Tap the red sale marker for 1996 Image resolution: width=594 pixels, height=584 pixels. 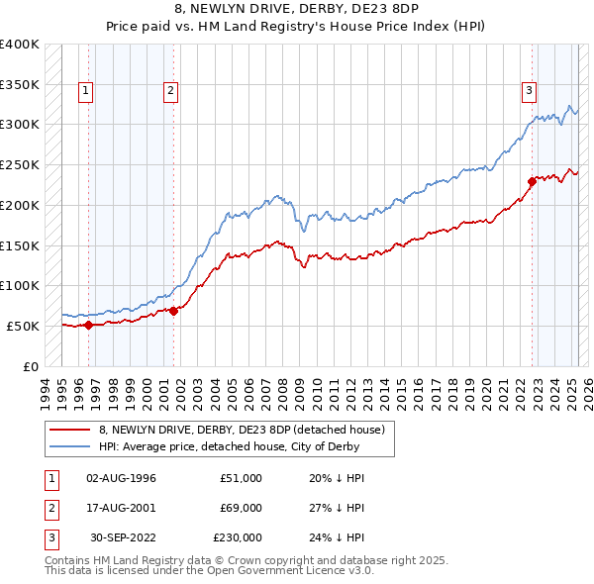pos(88,324)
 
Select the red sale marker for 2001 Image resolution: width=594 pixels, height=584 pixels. pos(173,310)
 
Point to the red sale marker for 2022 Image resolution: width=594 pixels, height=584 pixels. pos(532,180)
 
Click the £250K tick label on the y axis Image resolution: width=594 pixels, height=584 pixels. pos(20,164)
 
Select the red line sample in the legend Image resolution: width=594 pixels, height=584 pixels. pos(69,429)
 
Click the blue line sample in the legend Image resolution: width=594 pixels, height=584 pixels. pos(69,446)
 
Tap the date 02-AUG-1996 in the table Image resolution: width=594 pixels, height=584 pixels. pos(122,478)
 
